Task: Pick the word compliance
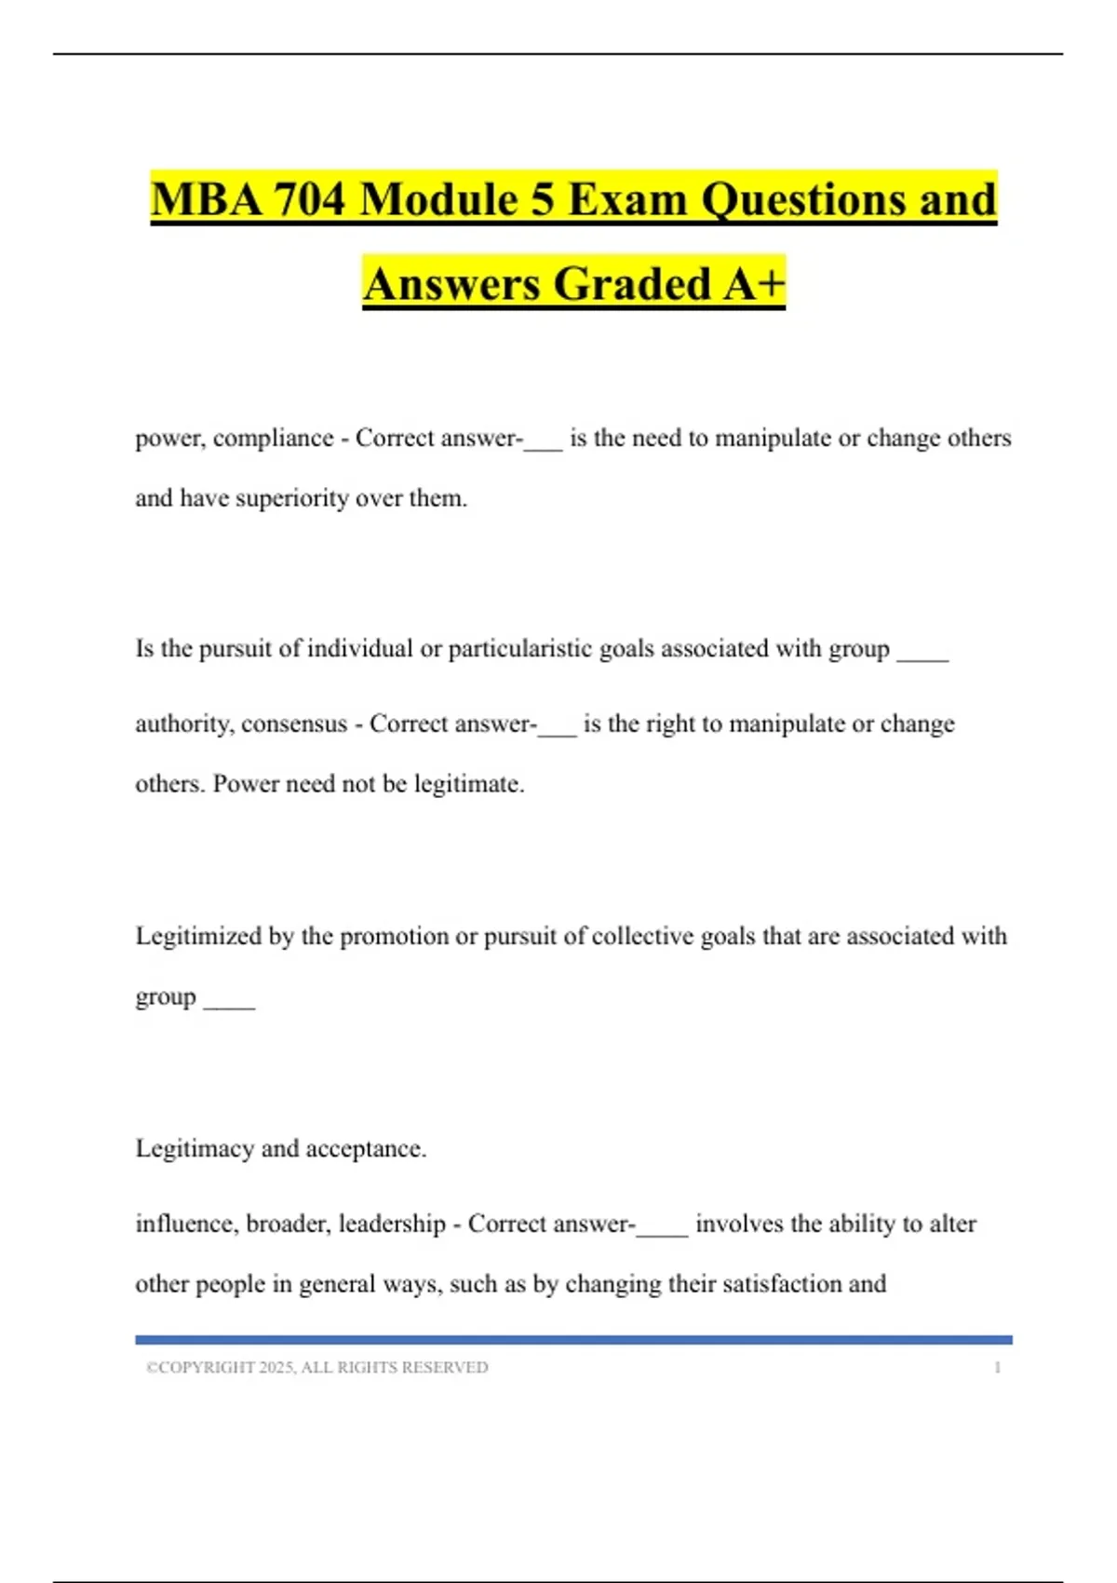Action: tap(273, 439)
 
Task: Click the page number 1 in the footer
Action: tap(997, 1368)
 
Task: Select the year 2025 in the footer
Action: tap(276, 1368)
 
